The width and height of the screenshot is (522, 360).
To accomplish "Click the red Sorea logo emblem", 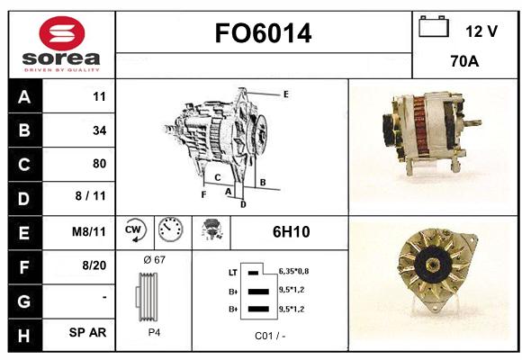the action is [x=62, y=33].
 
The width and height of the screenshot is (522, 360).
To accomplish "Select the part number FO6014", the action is [x=263, y=33].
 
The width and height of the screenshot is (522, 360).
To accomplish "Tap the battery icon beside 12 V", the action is [x=434, y=27].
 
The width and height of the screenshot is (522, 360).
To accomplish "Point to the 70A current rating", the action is [x=464, y=61].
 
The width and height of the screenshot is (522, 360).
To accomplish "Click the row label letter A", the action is [x=24, y=97].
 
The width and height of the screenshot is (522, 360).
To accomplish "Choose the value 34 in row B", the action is [x=100, y=130].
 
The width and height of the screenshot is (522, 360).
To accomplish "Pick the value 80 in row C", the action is [x=100, y=164].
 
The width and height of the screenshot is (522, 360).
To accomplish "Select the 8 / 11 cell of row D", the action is [x=90, y=196].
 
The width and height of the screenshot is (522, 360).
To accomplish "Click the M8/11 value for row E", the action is [x=88, y=231].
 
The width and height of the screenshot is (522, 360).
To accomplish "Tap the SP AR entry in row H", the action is [x=87, y=332].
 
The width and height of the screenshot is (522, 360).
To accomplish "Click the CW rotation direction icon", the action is [x=135, y=229].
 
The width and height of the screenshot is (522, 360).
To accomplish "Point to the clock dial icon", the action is [x=170, y=229].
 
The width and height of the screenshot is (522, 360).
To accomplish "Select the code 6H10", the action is [x=292, y=232].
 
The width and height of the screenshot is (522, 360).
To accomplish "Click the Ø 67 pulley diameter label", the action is [x=154, y=259].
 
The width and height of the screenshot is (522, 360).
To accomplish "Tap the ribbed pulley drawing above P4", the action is [x=147, y=297].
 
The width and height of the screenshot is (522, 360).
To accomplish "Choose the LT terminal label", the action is [x=233, y=273].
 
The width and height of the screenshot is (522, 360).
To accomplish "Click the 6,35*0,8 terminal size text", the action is [x=293, y=272].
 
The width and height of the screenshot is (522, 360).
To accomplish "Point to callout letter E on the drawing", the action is [x=286, y=94].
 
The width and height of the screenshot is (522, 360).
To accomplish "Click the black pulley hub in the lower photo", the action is [x=434, y=265].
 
